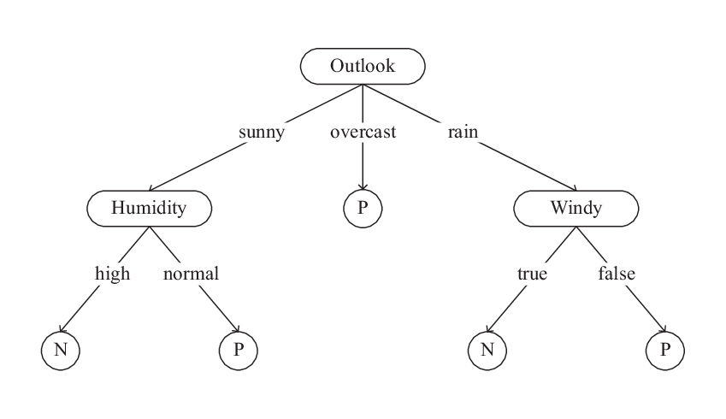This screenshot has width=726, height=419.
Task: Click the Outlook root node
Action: tap(363, 66)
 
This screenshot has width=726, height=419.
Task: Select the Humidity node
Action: tap(149, 208)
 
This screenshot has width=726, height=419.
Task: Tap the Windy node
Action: tap(575, 208)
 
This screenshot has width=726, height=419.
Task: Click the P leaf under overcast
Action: tap(363, 208)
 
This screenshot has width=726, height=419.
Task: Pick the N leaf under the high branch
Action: tap(60, 350)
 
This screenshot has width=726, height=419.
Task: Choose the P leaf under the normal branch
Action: tap(238, 350)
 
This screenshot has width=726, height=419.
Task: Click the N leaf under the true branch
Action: tap(487, 350)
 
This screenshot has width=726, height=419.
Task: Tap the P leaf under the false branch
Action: tap(665, 350)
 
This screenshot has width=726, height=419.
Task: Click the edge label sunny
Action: tap(261, 133)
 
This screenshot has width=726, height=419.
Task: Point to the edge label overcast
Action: tap(363, 133)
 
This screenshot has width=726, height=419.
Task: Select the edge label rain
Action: tap(462, 133)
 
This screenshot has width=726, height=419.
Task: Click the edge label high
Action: tap(112, 274)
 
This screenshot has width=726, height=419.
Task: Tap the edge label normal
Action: tap(191, 274)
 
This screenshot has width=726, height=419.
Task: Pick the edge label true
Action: tap(531, 274)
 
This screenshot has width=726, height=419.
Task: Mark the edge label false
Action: tap(617, 274)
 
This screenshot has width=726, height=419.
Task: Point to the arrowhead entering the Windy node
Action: tap(572, 189)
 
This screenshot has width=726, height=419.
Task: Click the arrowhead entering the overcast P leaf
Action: tap(363, 187)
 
